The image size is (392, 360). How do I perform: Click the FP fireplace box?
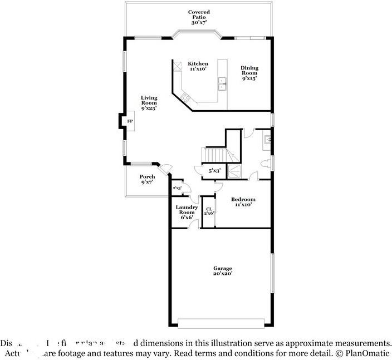click(x=129, y=121)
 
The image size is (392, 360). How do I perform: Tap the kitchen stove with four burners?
click(x=186, y=97)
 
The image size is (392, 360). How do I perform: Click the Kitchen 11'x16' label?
click(x=198, y=66)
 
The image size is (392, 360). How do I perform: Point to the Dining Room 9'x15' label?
click(x=249, y=73)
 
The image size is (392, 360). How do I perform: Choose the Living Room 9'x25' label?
click(x=149, y=103)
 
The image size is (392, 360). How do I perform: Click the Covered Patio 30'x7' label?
click(x=199, y=17)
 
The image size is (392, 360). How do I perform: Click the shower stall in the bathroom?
click(x=235, y=171)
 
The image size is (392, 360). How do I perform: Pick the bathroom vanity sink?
click(x=267, y=139)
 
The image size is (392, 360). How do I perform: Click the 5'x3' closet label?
click(x=214, y=171)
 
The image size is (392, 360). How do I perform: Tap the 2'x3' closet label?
click(x=178, y=188)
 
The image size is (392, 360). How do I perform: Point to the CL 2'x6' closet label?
click(x=209, y=211)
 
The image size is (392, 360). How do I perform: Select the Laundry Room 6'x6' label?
click(x=187, y=212)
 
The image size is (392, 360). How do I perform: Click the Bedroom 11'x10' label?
click(x=244, y=202)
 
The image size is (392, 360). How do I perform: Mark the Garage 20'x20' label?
click(x=222, y=271)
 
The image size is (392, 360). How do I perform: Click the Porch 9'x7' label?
click(x=147, y=179)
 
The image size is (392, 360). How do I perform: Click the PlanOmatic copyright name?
click(x=368, y=353)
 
